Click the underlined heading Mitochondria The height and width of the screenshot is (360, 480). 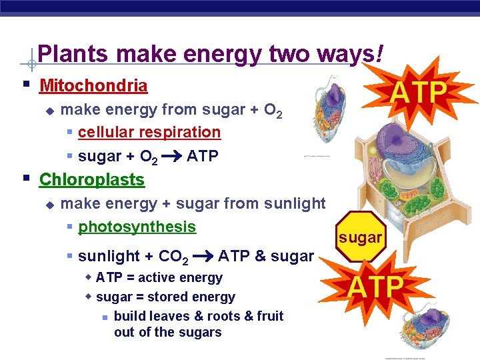click(93, 86)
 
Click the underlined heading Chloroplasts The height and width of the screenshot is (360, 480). click(92, 180)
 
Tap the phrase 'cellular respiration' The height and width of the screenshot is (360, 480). click(149, 133)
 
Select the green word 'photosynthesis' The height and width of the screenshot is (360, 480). click(137, 227)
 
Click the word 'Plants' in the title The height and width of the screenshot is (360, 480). click(69, 54)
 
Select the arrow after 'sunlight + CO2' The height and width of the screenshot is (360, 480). click(203, 256)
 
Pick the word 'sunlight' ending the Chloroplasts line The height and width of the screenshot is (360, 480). click(293, 203)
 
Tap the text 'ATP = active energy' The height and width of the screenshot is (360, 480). click(159, 277)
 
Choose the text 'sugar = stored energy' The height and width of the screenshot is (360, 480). click(165, 297)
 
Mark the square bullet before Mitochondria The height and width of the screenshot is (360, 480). click(25, 85)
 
